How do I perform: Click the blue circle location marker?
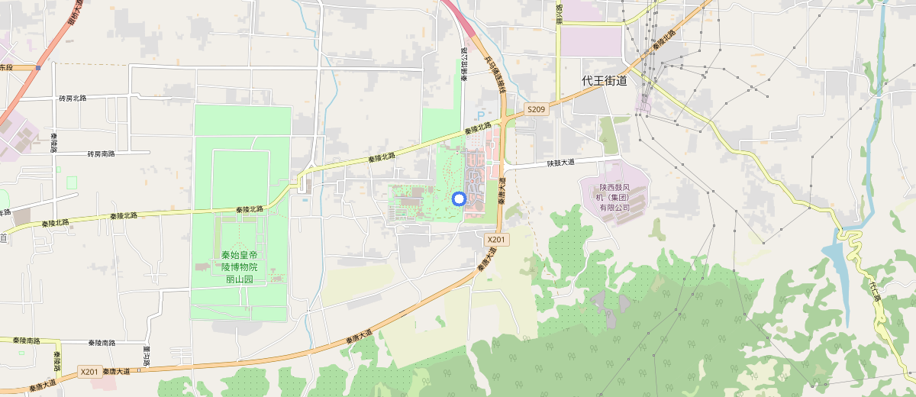click(x=459, y=199)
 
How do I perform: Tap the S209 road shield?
click(x=537, y=110)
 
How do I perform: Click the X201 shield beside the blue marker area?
click(x=497, y=240)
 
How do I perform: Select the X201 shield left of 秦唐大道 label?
click(x=89, y=372)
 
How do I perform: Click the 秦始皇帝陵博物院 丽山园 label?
click(x=239, y=267)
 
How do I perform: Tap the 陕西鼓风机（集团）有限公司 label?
click(x=614, y=197)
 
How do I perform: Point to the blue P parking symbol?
click(x=480, y=114)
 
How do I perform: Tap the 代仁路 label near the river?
click(x=875, y=291)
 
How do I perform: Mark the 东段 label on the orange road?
click(x=7, y=68)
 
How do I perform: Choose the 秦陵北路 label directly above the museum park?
click(x=250, y=209)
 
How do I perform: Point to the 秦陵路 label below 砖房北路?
click(x=54, y=142)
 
